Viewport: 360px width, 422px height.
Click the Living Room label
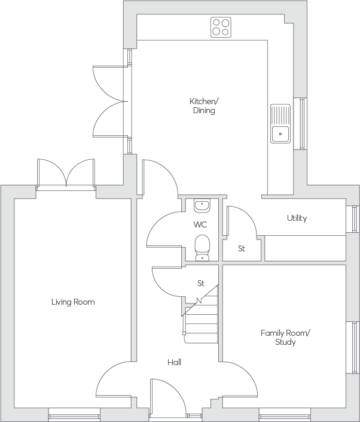[73, 302]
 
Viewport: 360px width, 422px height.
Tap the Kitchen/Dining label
[204, 106]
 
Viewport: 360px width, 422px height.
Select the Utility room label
[297, 218]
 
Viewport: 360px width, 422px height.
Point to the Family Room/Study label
[285, 338]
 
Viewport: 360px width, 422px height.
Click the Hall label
[174, 362]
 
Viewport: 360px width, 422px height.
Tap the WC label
[200, 224]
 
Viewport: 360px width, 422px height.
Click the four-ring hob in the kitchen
[221, 27]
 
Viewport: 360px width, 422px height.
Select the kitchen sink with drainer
[280, 123]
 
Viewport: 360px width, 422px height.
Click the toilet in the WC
[202, 248]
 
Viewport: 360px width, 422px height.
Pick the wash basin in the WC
[202, 206]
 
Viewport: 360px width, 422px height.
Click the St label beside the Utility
[242, 248]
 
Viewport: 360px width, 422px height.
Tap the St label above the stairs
[201, 283]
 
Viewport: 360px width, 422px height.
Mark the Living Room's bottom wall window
[74, 415]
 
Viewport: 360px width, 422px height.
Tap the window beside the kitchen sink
[300, 123]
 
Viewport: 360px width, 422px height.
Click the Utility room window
[353, 219]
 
